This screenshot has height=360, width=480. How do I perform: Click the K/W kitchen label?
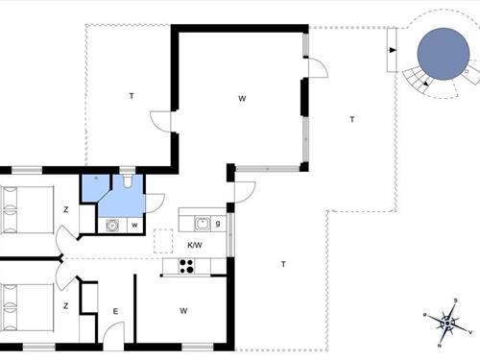(x=195, y=246)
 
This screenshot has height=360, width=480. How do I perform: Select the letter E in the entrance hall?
(x=115, y=311)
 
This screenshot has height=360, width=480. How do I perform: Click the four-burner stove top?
(x=184, y=267)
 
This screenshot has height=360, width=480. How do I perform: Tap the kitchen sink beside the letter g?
(x=203, y=224)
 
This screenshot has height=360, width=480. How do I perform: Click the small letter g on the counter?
(x=219, y=224)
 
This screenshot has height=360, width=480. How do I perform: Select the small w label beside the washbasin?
(x=134, y=227)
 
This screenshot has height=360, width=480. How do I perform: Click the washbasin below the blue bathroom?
(x=112, y=227)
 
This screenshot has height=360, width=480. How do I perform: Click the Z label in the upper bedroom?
(x=66, y=209)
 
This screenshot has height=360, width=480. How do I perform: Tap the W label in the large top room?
(x=244, y=97)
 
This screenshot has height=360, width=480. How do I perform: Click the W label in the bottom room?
(x=182, y=310)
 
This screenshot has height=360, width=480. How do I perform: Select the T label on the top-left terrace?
(x=130, y=96)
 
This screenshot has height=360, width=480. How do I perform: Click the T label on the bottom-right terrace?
(x=284, y=264)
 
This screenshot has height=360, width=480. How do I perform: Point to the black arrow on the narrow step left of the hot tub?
(x=393, y=49)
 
